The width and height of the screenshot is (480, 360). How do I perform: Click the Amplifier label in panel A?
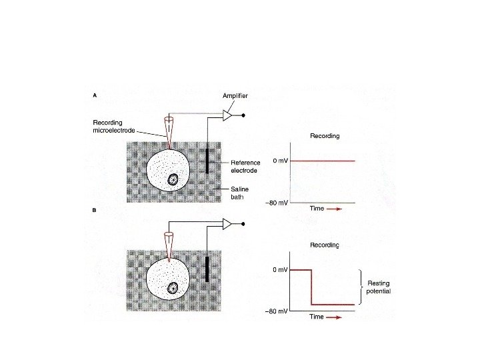coord(236,96)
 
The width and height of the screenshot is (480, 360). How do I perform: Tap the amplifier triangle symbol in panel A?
coord(227,116)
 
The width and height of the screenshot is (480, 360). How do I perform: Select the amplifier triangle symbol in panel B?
coord(227,224)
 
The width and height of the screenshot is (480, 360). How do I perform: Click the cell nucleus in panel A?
coord(173,179)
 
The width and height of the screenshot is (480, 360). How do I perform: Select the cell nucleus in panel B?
coord(173,288)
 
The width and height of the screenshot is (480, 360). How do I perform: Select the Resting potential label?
coord(379,288)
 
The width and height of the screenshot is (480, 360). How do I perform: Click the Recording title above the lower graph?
coord(325,245)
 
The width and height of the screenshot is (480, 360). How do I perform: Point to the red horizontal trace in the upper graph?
coord(323,161)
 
